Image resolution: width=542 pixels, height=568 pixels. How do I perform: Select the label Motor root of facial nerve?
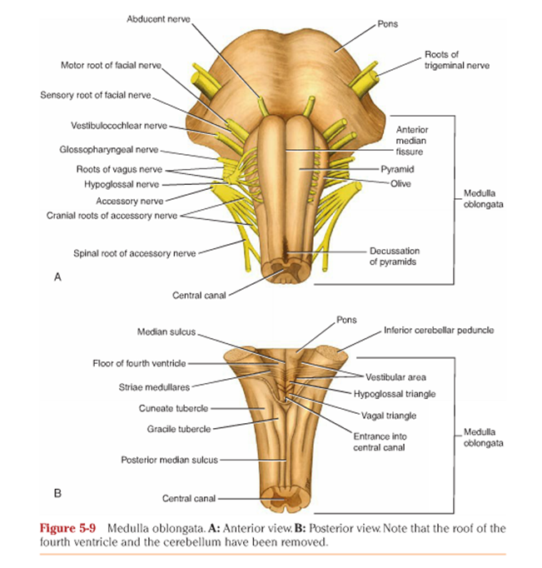pos(108,64)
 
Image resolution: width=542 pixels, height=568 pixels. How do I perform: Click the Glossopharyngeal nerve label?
pos(108,151)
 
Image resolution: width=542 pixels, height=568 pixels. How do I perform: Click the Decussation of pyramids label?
pos(394,256)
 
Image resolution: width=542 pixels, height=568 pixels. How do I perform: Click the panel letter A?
pos(58,278)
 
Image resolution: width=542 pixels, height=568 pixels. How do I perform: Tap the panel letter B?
pos(58,492)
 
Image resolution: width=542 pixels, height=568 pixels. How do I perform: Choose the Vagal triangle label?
pos(389,415)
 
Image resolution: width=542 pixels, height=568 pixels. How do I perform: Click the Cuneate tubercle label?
pos(173,407)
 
